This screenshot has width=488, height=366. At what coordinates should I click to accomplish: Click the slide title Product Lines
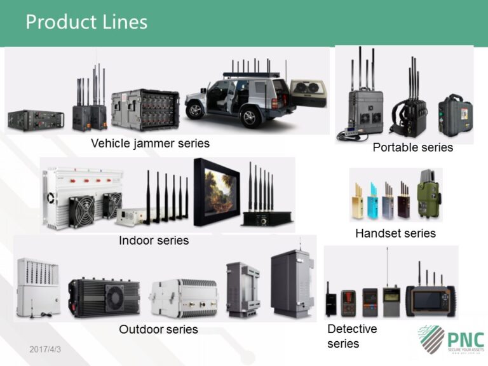click(x=86, y=22)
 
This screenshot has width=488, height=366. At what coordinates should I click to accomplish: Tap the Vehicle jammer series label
click(x=150, y=143)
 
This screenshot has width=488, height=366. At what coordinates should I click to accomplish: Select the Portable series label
click(x=412, y=147)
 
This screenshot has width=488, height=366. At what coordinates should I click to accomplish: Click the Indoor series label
click(x=154, y=240)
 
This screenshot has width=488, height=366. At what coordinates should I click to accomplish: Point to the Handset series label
click(x=395, y=233)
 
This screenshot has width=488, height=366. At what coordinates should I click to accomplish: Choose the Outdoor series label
click(x=158, y=329)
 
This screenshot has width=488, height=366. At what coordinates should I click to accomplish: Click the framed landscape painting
click(x=220, y=192)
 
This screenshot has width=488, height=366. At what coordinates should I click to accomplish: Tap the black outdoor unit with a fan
click(x=104, y=296)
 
